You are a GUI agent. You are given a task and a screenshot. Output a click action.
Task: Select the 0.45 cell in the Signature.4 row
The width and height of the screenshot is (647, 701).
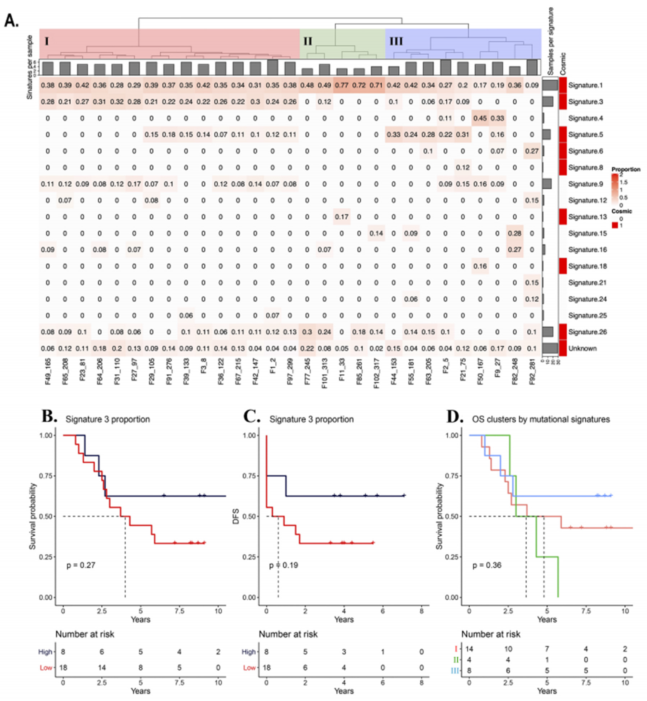(480, 118)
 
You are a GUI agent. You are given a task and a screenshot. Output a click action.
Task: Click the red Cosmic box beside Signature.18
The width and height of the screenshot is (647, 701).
(562, 266)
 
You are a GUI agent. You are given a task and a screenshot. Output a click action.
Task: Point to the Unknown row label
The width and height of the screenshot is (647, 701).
(582, 348)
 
